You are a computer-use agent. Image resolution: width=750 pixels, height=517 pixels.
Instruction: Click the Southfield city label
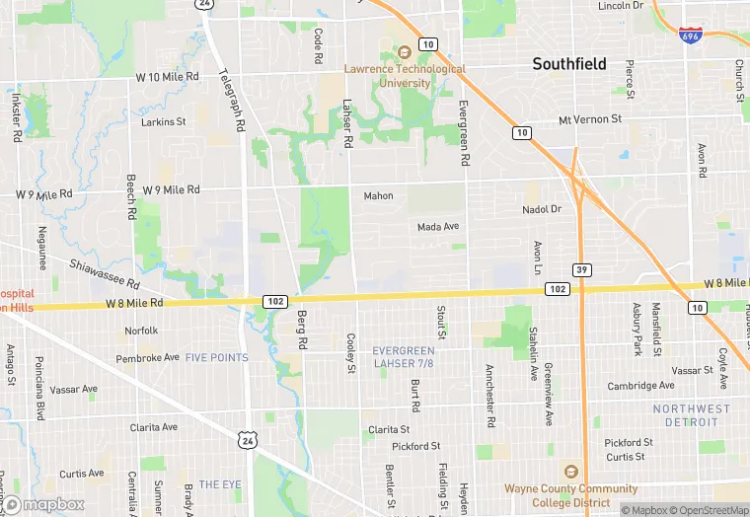570,64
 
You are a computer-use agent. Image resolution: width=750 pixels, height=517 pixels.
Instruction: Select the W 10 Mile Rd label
168,76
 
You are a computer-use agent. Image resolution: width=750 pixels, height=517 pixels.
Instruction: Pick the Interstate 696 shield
691,35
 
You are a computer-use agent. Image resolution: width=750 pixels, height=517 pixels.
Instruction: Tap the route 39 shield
581,269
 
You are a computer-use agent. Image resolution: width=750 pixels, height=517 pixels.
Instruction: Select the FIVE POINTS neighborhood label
217,357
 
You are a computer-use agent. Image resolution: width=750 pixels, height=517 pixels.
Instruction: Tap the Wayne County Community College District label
570,494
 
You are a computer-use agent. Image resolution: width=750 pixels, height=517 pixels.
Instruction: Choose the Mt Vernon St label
590,119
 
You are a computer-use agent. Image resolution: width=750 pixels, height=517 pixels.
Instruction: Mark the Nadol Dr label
541,209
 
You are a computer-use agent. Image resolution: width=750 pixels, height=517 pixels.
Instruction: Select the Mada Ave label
438,227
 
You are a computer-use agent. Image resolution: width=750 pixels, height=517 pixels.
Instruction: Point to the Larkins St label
164,122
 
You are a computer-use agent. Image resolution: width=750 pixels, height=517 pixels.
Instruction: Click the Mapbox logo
42,504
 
